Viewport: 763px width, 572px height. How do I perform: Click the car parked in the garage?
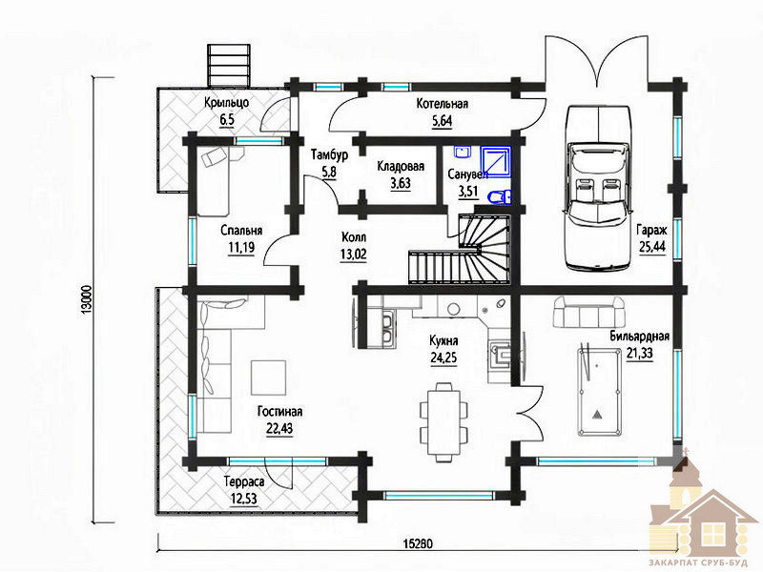pyautogui.click(x=598, y=187)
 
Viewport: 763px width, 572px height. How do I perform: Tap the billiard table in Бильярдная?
pyautogui.click(x=599, y=392)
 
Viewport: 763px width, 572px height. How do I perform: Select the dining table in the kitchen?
pyautogui.click(x=443, y=421)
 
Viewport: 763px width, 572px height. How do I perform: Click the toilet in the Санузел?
pyautogui.click(x=498, y=197)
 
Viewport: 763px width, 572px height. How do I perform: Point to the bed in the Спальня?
pyautogui.click(x=213, y=182)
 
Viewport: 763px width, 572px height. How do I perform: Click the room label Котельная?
pyautogui.click(x=443, y=104)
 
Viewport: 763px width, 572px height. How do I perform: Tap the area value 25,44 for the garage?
pyautogui.click(x=652, y=247)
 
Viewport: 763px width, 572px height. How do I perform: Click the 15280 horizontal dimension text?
pyautogui.click(x=418, y=543)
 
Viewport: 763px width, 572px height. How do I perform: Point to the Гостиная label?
pyautogui.click(x=279, y=412)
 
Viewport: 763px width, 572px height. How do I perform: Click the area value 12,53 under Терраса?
pyautogui.click(x=244, y=499)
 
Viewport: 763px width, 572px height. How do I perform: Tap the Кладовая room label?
pyautogui.click(x=401, y=166)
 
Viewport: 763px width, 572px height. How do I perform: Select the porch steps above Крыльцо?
pyautogui.click(x=229, y=66)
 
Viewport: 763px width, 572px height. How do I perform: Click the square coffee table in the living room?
pyautogui.click(x=268, y=378)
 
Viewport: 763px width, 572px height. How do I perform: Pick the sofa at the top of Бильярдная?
pyautogui.click(x=588, y=313)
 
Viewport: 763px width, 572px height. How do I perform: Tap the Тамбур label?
pyautogui.click(x=329, y=154)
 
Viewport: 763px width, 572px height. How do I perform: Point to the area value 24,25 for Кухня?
pyautogui.click(x=443, y=357)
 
